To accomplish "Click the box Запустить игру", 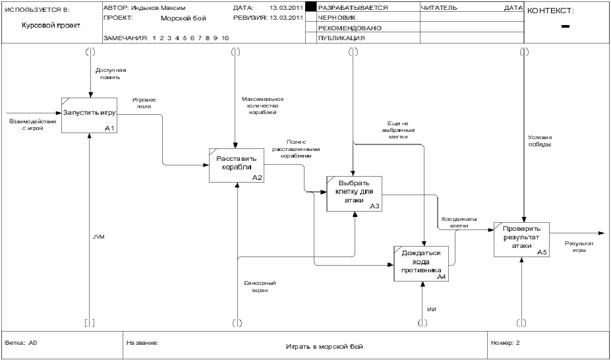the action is coord(89,115).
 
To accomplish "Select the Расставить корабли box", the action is coord(237,165).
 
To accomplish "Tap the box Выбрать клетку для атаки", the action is coord(354,194).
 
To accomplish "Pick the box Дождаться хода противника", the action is coord(421,263).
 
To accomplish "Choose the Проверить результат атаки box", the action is coord(521,239).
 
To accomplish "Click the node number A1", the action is coord(110,128).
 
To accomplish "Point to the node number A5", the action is coord(542,253).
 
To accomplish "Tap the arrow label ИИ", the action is coord(431,310).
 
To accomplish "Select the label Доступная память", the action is coord(111,74).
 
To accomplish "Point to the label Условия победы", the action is coord(540,140).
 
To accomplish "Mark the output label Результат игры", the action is coord(579,247).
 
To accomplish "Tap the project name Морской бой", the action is coord(183,18).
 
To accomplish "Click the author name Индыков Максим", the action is coord(158,8).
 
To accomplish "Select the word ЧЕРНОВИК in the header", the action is coord(337,18).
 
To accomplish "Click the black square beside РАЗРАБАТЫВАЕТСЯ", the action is coord(311,7).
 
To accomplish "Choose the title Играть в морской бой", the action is coord(324,346).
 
